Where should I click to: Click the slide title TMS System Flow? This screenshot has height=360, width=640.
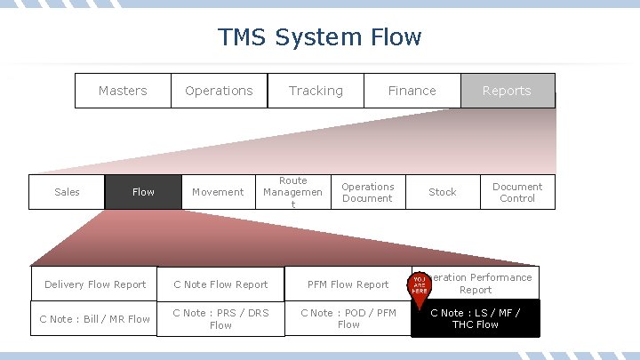(320, 37)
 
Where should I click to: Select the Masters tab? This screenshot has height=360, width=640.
(123, 91)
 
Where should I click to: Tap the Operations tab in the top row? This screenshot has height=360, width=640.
(219, 91)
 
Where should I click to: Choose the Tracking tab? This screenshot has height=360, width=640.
(316, 91)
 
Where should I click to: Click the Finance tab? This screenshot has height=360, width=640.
(412, 91)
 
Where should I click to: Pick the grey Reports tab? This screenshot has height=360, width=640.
(507, 91)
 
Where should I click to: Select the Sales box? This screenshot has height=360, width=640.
(67, 192)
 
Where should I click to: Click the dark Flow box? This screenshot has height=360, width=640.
(143, 192)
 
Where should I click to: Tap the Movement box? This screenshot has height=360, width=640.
(218, 192)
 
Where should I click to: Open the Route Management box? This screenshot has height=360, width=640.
(292, 192)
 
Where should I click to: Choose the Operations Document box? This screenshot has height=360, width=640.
(367, 192)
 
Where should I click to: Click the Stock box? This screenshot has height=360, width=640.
(443, 192)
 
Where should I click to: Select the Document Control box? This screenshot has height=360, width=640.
(517, 192)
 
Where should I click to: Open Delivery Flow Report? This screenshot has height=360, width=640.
(95, 284)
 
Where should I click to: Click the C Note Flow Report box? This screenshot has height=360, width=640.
(220, 284)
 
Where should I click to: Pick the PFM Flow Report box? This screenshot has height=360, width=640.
(348, 284)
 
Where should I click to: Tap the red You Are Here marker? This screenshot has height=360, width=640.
(420, 284)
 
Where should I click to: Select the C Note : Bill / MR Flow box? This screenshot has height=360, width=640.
(95, 319)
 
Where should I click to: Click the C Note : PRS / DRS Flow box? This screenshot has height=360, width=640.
(220, 319)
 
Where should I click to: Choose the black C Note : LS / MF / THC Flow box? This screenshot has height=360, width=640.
(476, 318)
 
